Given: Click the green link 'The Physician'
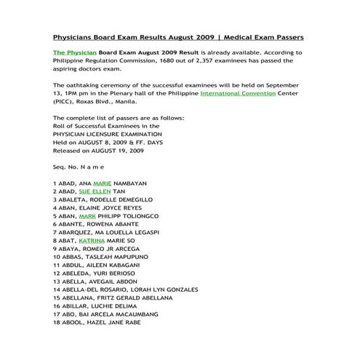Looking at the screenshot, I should click(x=75, y=53).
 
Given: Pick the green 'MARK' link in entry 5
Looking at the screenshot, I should click(x=87, y=216).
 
